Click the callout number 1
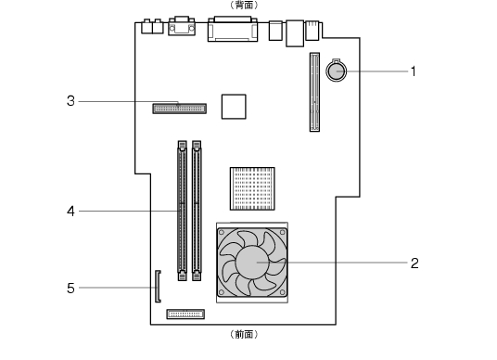(x=413, y=71)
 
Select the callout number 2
(x=414, y=263)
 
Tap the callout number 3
(x=71, y=101)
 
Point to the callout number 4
(x=71, y=212)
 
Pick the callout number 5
(x=71, y=289)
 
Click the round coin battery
(x=336, y=71)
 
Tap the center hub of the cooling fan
(x=252, y=263)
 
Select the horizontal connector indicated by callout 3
(x=179, y=109)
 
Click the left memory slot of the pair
(x=183, y=211)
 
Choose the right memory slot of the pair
(x=197, y=211)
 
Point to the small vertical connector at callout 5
(x=158, y=287)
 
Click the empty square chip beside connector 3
(x=234, y=107)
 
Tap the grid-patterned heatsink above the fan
(x=252, y=188)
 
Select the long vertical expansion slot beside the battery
(x=314, y=92)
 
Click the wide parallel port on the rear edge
(x=233, y=29)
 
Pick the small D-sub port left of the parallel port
(x=182, y=26)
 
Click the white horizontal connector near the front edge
(x=185, y=315)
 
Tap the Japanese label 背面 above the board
(x=244, y=5)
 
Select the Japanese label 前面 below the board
(x=244, y=334)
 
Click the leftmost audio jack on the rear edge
(x=147, y=27)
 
